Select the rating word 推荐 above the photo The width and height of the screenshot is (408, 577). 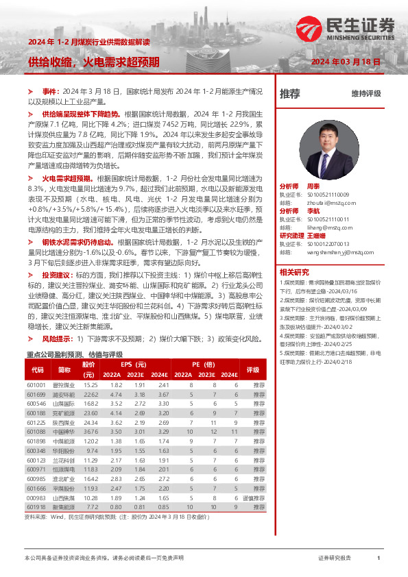coord(290,95)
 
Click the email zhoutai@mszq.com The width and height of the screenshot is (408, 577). coord(322,202)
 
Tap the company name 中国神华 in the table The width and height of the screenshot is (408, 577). coord(64,432)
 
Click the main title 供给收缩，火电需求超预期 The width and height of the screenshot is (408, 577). coord(93,62)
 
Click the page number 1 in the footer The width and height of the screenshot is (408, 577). coord(379,558)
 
